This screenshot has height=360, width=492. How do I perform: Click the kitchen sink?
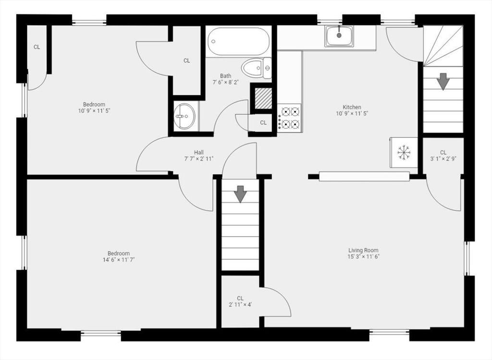(339, 36)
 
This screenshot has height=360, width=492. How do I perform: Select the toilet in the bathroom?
(257, 68)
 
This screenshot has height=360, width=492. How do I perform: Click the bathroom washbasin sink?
(185, 116)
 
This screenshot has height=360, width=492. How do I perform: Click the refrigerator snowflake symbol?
(404, 152)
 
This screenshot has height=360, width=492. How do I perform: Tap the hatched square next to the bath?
(263, 98)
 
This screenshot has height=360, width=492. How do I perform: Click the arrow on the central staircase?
(240, 194)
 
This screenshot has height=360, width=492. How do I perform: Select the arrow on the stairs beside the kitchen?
(443, 82)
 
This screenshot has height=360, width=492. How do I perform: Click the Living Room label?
(363, 250)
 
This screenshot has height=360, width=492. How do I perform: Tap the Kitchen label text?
(352, 107)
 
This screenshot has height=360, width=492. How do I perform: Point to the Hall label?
(198, 153)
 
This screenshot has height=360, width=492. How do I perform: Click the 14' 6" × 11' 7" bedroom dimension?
(119, 260)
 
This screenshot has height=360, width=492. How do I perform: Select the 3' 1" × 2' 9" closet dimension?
(443, 159)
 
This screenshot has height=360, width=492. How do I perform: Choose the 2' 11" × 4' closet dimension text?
(240, 304)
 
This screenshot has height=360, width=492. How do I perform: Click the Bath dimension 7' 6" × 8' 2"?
(226, 83)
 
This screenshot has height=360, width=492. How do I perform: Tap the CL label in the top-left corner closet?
(37, 47)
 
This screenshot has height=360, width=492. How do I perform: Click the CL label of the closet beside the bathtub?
(187, 60)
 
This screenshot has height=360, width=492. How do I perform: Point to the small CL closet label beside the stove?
(263, 122)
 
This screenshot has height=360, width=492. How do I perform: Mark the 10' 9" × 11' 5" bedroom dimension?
(94, 111)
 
